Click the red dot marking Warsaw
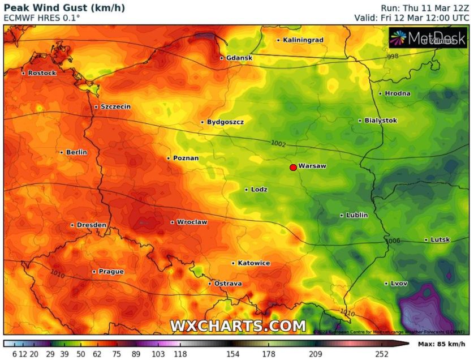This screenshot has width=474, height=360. (293, 167)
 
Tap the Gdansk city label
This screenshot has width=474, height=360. (239, 58)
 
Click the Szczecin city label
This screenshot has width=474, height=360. (115, 106)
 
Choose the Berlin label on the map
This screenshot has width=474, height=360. (76, 152)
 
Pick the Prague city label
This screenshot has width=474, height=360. (111, 272)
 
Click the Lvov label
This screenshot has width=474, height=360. (399, 283)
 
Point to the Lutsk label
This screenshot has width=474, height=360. (440, 239)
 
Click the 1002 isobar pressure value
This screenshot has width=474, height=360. (278, 144)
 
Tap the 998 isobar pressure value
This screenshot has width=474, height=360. (393, 57)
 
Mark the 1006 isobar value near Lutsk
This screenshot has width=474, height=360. (393, 241)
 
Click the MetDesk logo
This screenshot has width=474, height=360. (428, 38)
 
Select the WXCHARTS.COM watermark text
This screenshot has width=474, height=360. (238, 326)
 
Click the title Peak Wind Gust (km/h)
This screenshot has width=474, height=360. (64, 7)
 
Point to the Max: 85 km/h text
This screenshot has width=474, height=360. (441, 344)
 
